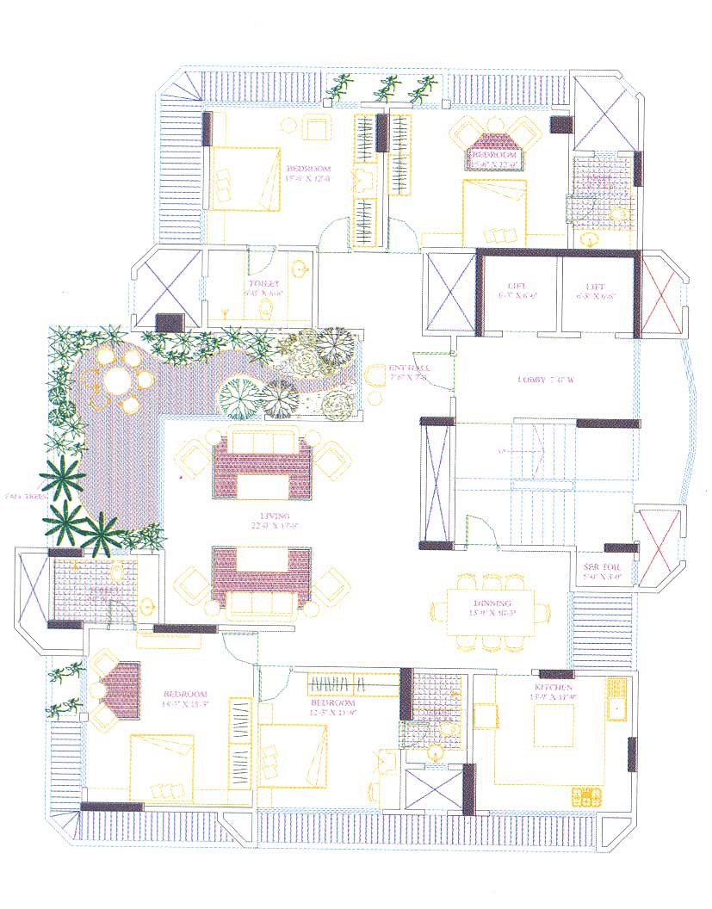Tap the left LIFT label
pyautogui.click(x=517, y=286)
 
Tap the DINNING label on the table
pyautogui.click(x=491, y=603)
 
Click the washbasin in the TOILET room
pyautogui.click(x=300, y=270)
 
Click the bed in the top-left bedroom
pyautogui.click(x=245, y=179)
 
